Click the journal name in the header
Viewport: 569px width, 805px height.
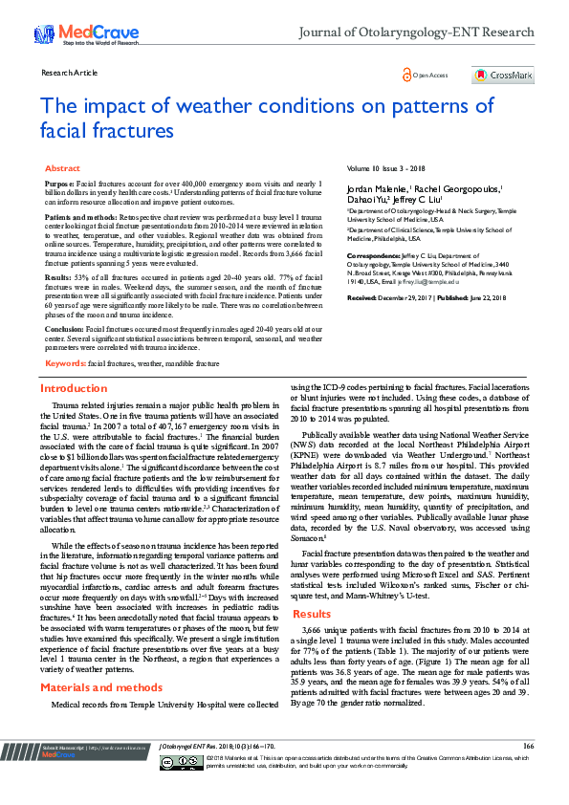tap(417, 32)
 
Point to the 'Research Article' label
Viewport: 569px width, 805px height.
tap(70, 73)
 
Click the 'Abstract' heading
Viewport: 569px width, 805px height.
tap(62, 168)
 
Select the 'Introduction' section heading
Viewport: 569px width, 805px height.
tap(74, 388)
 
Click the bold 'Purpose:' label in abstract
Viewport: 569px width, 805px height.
tap(59, 182)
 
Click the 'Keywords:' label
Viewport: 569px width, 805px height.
tap(65, 363)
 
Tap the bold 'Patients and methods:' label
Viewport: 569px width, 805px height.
tap(79, 217)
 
